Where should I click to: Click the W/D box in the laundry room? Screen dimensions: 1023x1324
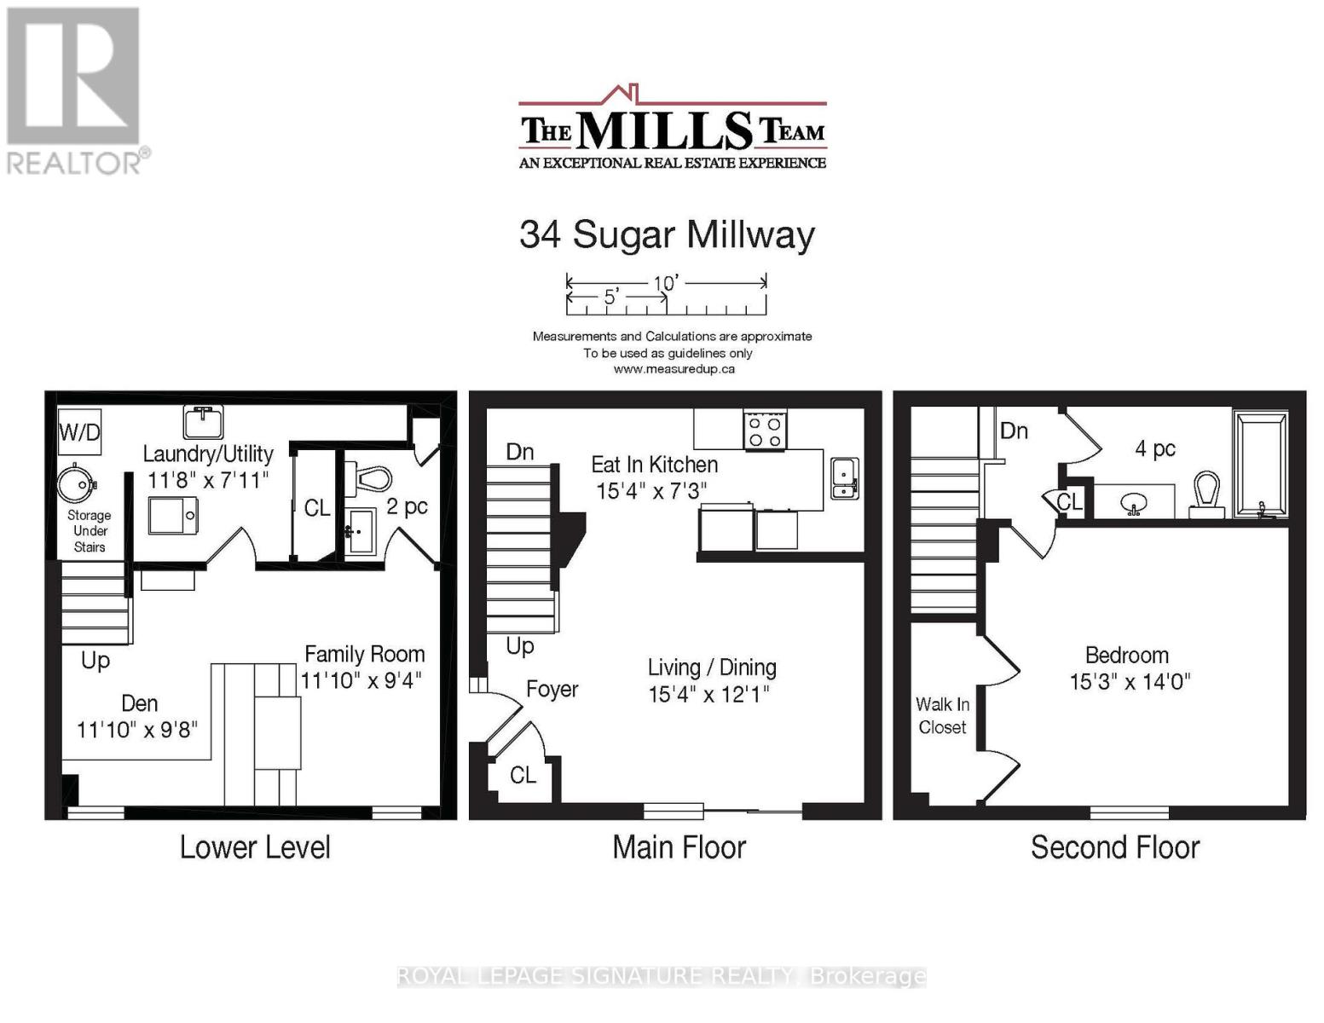tap(79, 432)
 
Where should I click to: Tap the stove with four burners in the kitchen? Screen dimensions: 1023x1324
tap(764, 431)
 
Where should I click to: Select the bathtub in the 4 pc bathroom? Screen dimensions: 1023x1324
tap(1260, 465)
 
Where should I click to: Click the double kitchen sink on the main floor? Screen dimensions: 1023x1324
tap(844, 477)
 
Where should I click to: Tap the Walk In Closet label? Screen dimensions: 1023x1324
tap(942, 715)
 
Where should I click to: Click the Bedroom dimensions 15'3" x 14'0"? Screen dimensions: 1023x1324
tap(1130, 682)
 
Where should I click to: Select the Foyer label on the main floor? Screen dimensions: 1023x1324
tap(552, 689)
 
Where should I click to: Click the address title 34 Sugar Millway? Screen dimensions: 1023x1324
tap(667, 234)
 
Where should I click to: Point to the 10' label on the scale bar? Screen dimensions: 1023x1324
tap(665, 282)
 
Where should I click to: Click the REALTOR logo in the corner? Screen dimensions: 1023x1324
tap(75, 90)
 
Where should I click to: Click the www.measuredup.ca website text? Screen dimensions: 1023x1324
tap(674, 369)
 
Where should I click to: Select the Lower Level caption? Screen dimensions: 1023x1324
tap(255, 847)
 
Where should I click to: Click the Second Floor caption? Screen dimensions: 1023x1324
tap(1114, 847)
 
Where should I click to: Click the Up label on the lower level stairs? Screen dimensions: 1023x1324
tap(95, 661)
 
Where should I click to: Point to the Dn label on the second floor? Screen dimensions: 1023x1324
tap(1014, 431)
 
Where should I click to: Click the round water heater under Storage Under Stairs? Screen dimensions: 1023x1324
tap(77, 484)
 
